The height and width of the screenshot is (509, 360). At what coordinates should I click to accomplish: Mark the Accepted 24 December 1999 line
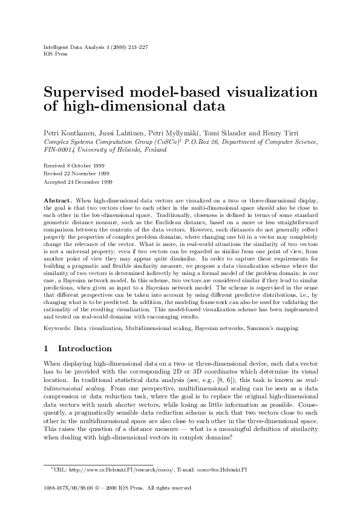(x=73, y=181)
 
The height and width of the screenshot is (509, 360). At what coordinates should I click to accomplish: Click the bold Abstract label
(x=58, y=199)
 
